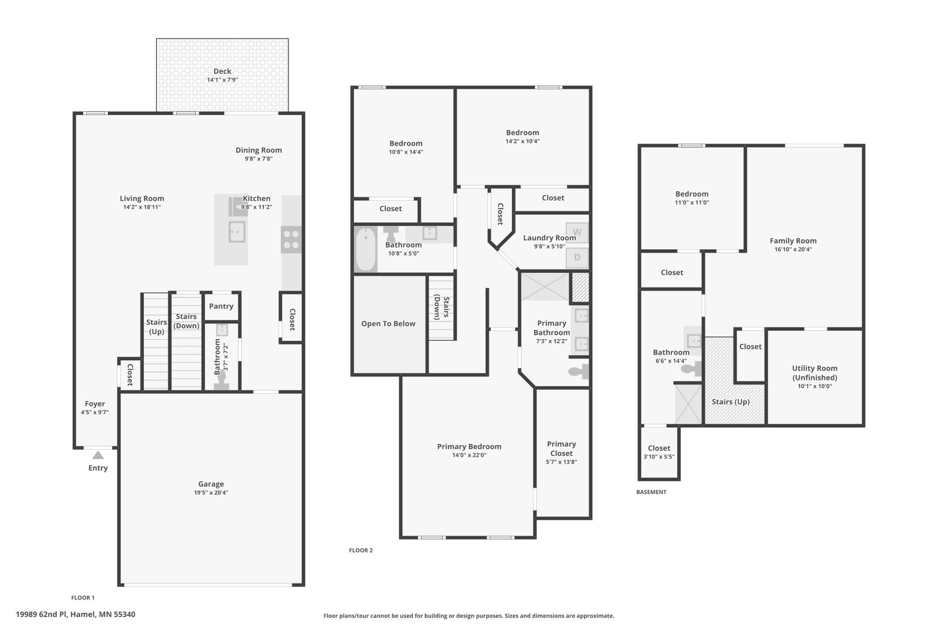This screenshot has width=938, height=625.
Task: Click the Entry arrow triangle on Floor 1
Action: pyautogui.click(x=98, y=455)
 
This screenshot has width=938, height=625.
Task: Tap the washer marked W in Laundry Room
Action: pyautogui.click(x=577, y=233)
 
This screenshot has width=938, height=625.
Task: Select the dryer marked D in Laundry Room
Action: pyautogui.click(x=577, y=258)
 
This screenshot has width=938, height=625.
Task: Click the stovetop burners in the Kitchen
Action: pyautogui.click(x=291, y=239)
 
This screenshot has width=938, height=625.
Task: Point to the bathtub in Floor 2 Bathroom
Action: pyautogui.click(x=366, y=249)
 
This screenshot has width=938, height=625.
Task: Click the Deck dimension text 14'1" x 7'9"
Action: pyautogui.click(x=222, y=80)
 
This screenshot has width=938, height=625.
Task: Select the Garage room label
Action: pyautogui.click(x=211, y=484)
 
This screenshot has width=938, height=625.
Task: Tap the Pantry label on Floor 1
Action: pyautogui.click(x=221, y=306)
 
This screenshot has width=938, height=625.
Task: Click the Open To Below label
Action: pyautogui.click(x=388, y=323)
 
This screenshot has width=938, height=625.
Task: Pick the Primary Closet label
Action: pyautogui.click(x=561, y=449)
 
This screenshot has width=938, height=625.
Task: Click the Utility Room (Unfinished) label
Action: pyautogui.click(x=815, y=373)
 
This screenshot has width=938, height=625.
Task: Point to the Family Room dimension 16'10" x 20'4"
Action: pyautogui.click(x=793, y=249)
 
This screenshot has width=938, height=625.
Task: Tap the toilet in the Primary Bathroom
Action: pyautogui.click(x=579, y=372)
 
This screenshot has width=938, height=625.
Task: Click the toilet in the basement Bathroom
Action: pyautogui.click(x=691, y=369)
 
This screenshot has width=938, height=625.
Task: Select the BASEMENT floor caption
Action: pyautogui.click(x=651, y=492)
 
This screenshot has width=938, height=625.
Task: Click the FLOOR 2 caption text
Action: pyautogui.click(x=361, y=550)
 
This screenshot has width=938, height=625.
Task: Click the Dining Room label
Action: pyautogui.click(x=259, y=150)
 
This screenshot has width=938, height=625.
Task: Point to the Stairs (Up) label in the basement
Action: pyautogui.click(x=731, y=402)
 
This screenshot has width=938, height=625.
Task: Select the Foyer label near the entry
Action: pyautogui.click(x=95, y=404)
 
